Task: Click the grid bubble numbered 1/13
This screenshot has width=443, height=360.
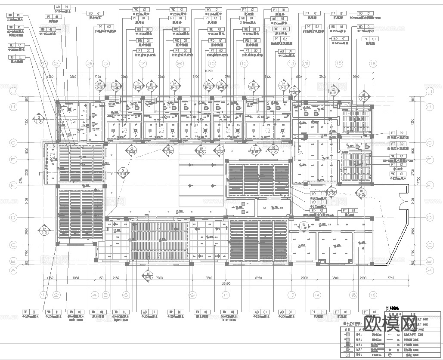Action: pyautogui.click(x=306, y=64)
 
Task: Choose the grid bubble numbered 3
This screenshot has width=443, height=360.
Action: pyautogui.click(x=90, y=64)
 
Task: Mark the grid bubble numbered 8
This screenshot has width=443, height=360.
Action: pyautogui.click(x=180, y=64)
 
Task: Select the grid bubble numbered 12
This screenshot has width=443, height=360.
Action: pyautogui.click(x=244, y=64)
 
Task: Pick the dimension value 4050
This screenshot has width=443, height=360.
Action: pyautogui.click(x=76, y=278)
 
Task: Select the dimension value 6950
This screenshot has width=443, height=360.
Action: pyautogui.click(x=259, y=278)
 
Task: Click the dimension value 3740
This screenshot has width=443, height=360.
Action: pyautogui.click(x=379, y=278)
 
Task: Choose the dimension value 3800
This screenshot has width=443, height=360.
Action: pyautogui.click(x=336, y=278)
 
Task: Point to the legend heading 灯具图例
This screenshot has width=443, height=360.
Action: pyautogui.click(x=393, y=308)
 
